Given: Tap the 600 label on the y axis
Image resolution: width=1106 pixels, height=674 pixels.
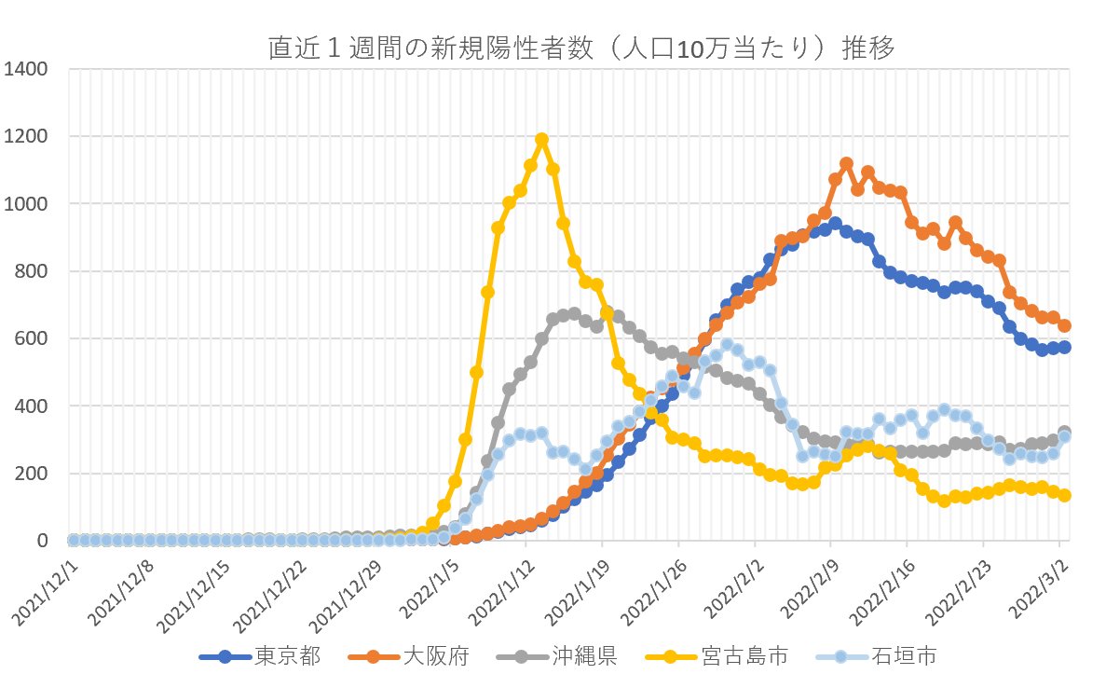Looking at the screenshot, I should (x=33, y=339).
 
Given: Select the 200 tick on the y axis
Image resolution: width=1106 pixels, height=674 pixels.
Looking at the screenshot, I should (x=33, y=474).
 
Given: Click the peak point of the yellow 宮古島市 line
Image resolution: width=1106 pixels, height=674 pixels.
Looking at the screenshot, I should (x=541, y=140).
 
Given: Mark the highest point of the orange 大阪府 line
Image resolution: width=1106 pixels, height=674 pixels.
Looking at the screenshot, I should (x=846, y=164).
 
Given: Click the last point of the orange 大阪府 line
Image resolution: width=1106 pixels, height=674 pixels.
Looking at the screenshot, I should (x=1064, y=326).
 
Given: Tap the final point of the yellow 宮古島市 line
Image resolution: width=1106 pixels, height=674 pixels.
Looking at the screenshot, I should (x=1064, y=496).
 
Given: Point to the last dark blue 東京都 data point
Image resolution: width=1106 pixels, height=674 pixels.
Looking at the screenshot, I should (x=1064, y=348).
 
